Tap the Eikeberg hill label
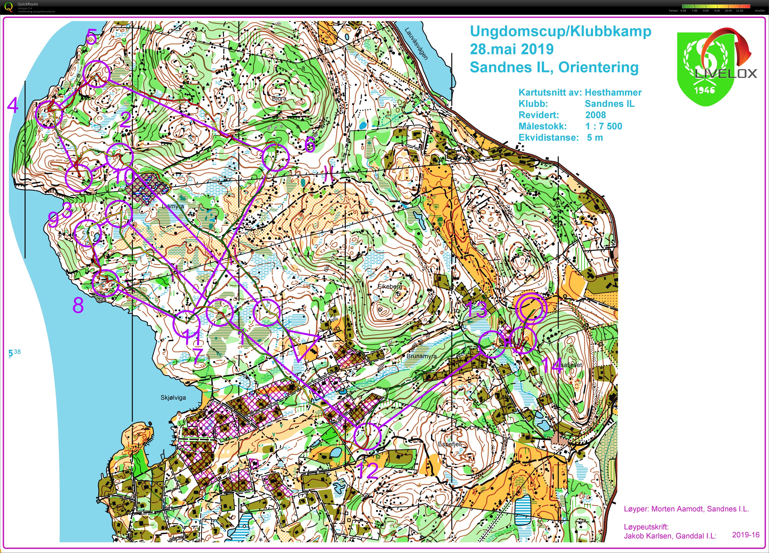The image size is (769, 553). click(x=390, y=287)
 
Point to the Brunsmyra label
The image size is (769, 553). click(x=421, y=356)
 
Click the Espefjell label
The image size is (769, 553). click(x=450, y=444)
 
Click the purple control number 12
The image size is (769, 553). click(x=368, y=471)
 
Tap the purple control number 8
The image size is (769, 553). click(x=78, y=305)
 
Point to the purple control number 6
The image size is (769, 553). click(x=310, y=145)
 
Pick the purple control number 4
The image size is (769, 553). click(x=13, y=105)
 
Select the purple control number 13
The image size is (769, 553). click(x=476, y=310)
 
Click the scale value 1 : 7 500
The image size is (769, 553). click(x=604, y=126)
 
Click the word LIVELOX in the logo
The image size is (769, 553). click(x=726, y=73)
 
